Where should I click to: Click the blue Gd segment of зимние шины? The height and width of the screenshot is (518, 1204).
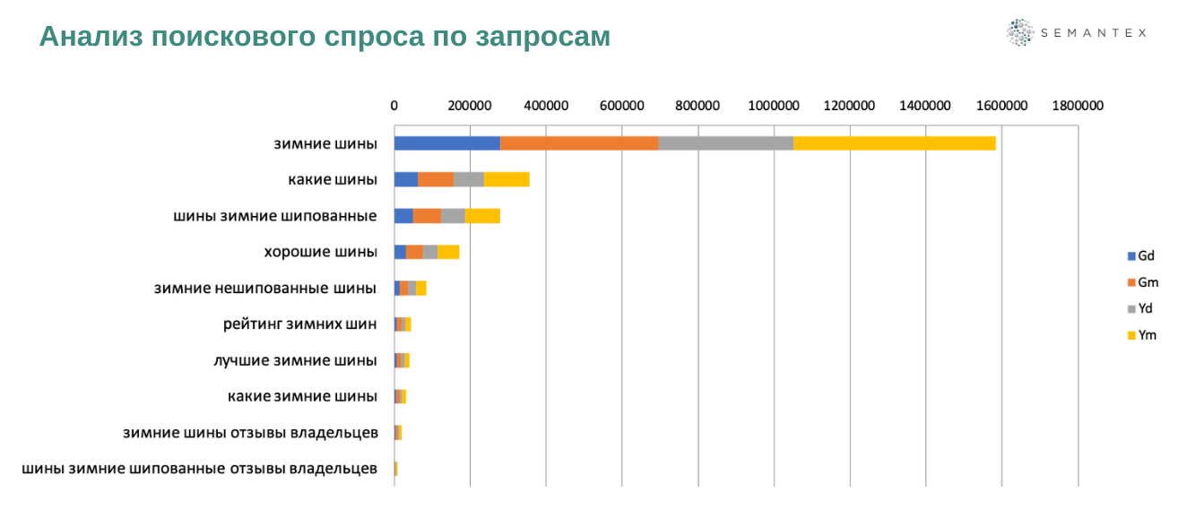point(446,143)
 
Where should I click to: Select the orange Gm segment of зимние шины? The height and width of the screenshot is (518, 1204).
point(579,143)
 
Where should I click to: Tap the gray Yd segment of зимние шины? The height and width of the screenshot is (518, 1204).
point(726,143)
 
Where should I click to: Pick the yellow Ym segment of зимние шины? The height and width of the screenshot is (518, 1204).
point(895,143)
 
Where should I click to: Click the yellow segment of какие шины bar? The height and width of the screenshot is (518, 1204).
point(507,179)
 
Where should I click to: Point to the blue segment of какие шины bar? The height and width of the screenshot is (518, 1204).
point(406,179)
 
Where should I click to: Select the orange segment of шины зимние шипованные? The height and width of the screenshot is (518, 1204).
point(427,215)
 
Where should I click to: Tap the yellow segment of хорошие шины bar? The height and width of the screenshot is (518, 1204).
point(448,252)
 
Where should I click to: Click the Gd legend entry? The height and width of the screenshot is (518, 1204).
point(1141,255)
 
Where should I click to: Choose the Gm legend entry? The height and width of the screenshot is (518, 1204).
point(1143,282)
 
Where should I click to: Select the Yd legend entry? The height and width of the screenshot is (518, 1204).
point(1141,308)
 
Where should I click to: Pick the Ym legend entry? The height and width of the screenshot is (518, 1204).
point(1143,335)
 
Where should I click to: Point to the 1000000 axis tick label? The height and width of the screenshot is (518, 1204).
point(774,106)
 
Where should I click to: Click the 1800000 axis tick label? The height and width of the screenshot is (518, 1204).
point(1077,106)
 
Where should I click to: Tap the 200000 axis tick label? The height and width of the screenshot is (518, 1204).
point(470,106)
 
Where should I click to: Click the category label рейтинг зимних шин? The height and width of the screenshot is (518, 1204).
point(299,324)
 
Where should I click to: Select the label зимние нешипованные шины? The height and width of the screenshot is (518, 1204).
point(265,288)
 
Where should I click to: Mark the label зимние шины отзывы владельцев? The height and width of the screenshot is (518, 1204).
point(250,433)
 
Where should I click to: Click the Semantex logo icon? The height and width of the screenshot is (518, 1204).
point(1020,32)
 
